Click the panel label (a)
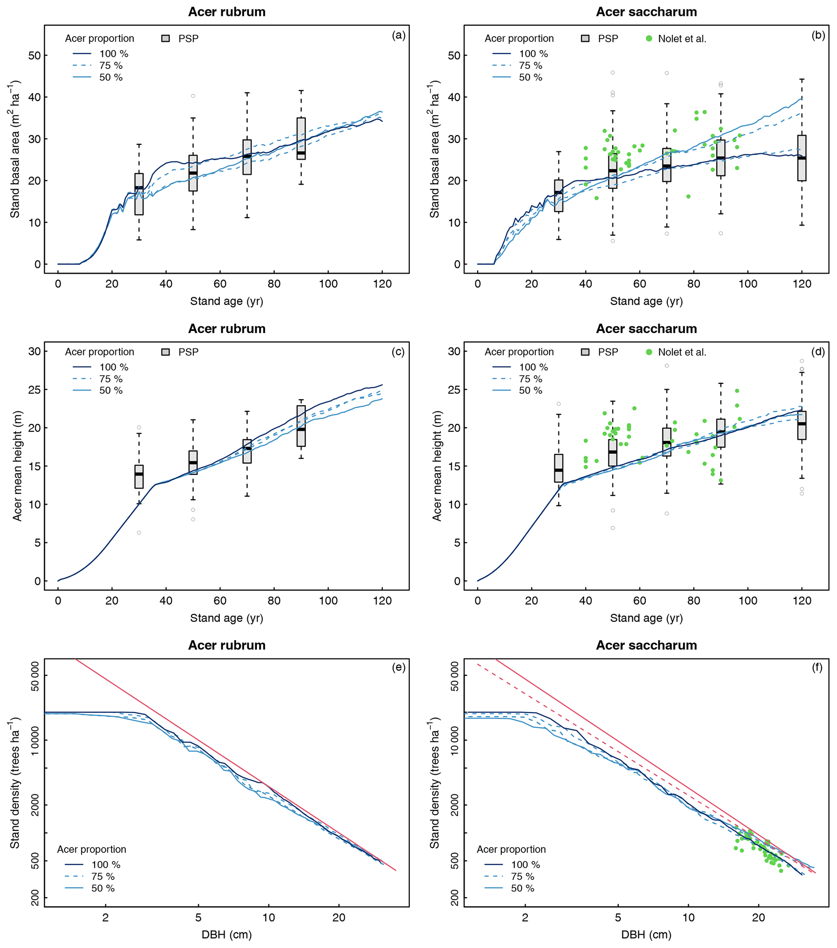(x=398, y=36)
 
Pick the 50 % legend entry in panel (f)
(x=522, y=888)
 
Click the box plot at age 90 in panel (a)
(x=301, y=139)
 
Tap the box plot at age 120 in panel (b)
(x=802, y=158)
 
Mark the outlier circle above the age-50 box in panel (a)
(x=193, y=96)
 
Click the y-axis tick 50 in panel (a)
(x=34, y=56)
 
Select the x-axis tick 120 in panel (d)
(x=802, y=601)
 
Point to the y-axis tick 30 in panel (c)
(x=34, y=351)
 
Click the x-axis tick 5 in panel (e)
(x=198, y=917)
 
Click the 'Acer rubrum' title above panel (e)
(x=227, y=645)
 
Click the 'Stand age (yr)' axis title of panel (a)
(x=227, y=301)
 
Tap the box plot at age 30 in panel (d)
(x=558, y=468)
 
